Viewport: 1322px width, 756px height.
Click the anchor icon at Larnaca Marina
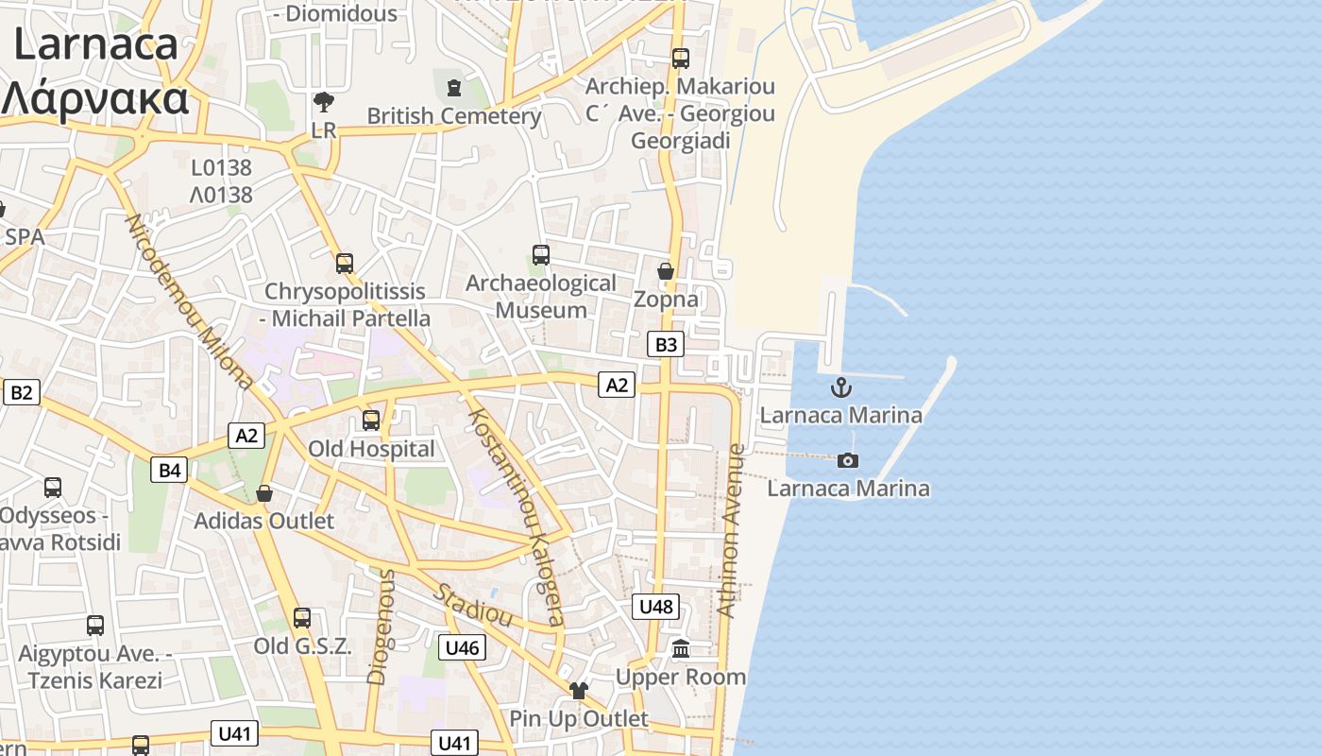pyautogui.click(x=840, y=387)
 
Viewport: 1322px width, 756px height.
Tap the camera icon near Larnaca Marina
pyautogui.click(x=848, y=460)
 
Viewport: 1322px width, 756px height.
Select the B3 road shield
pyautogui.click(x=666, y=344)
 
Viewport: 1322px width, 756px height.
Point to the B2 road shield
pyautogui.click(x=21, y=392)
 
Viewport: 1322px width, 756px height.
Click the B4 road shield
pyautogui.click(x=169, y=470)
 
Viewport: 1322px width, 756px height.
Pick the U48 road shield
pyautogui.click(x=655, y=607)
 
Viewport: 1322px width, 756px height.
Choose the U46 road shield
pyautogui.click(x=462, y=647)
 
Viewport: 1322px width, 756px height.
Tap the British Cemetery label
pyautogui.click(x=454, y=116)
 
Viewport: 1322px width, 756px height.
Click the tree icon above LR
pyautogui.click(x=324, y=101)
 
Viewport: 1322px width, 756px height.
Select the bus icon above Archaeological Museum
pyautogui.click(x=541, y=255)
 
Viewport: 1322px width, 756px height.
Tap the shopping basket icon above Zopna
pyautogui.click(x=666, y=272)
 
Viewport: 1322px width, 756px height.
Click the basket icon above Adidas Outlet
pyautogui.click(x=264, y=493)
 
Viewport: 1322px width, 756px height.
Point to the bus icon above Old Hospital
pyautogui.click(x=371, y=421)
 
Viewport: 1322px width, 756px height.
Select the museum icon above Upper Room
pyautogui.click(x=681, y=649)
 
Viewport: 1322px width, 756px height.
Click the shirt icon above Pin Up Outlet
pyautogui.click(x=579, y=691)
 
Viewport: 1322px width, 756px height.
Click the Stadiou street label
pyautogui.click(x=472, y=606)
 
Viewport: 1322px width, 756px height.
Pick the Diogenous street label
pyautogui.click(x=380, y=626)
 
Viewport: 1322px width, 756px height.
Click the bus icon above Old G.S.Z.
pyautogui.click(x=302, y=618)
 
